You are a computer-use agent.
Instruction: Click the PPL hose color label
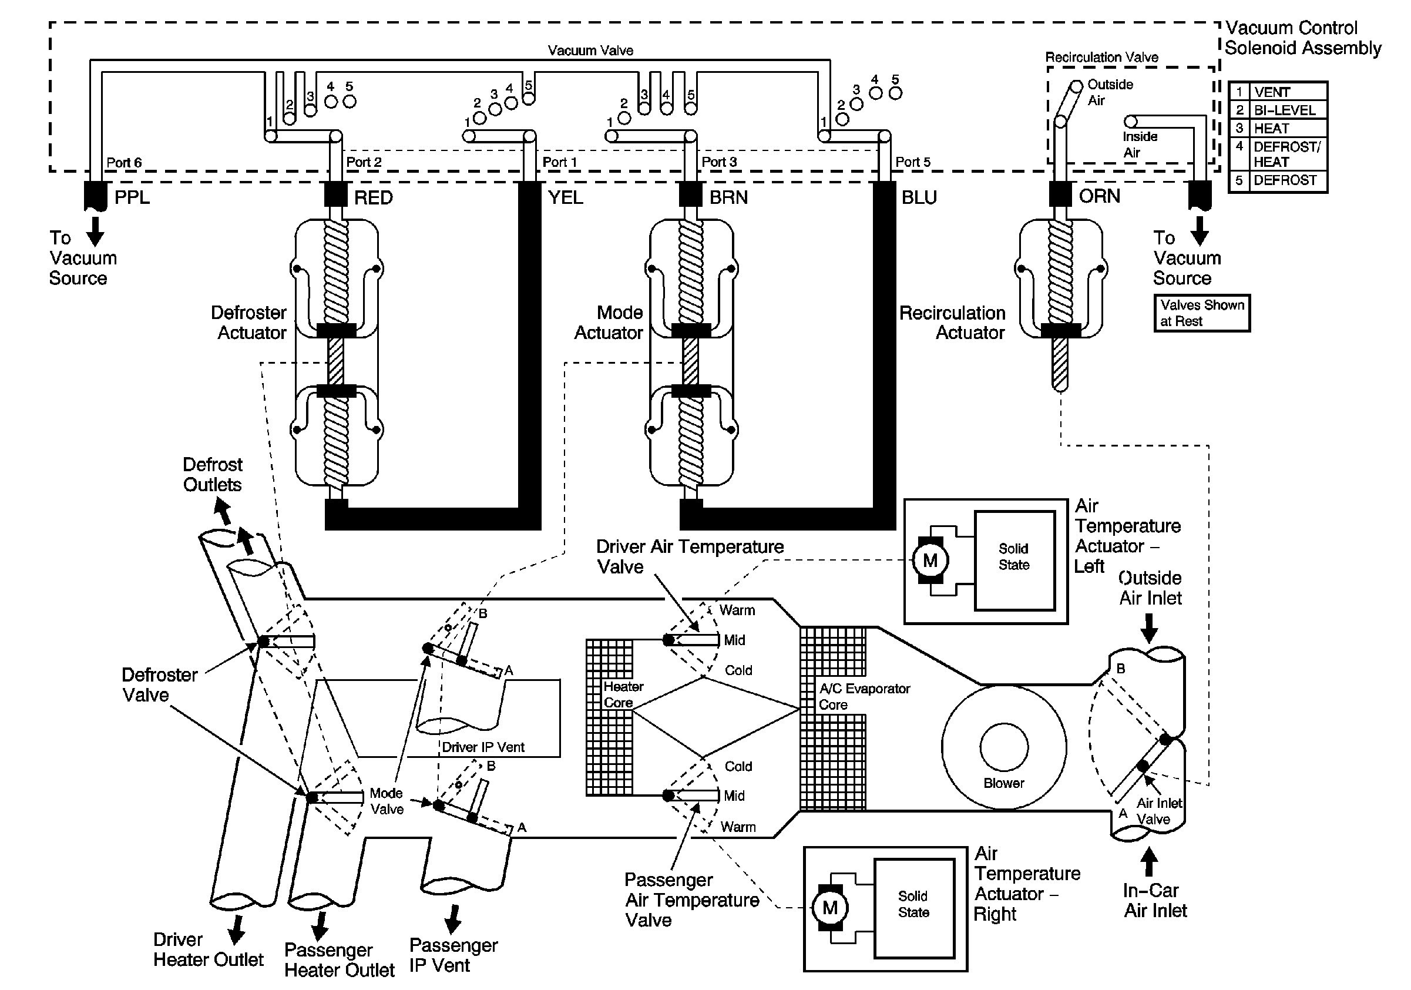coord(132,197)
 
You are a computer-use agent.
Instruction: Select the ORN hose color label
coord(1100,196)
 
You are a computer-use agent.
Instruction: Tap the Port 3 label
coord(719,162)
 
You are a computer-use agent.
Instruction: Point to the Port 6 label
coord(124,163)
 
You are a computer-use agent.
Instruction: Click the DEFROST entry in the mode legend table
coord(1285,181)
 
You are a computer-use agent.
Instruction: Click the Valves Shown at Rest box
coord(1202,313)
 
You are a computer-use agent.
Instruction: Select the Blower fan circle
coord(1004,748)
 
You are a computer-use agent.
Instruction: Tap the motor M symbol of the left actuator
coord(930,560)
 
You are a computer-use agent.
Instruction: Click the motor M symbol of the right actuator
coord(829,908)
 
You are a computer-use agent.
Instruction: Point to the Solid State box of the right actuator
coord(915,908)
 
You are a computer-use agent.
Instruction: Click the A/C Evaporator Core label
coord(864,697)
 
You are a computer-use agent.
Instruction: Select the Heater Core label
coord(623,694)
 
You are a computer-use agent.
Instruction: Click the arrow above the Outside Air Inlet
coord(1148,629)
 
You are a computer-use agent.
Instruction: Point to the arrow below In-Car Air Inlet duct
coord(1148,862)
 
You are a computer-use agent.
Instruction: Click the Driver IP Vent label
coord(483,747)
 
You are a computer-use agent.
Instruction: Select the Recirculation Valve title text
coord(1102,57)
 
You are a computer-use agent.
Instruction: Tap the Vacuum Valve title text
coord(590,51)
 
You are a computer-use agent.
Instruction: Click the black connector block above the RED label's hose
coord(336,194)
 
